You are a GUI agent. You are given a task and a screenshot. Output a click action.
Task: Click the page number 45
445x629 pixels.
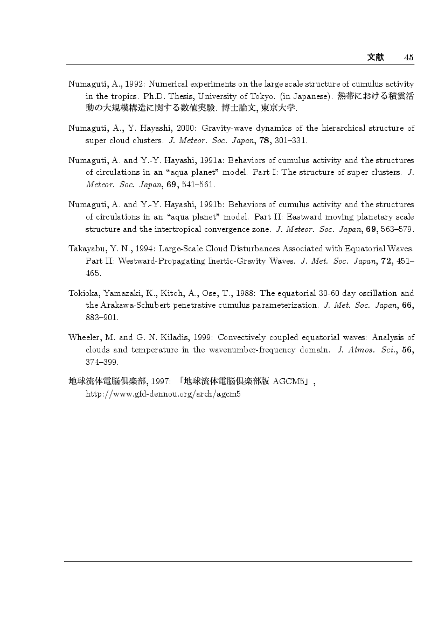tap(408, 58)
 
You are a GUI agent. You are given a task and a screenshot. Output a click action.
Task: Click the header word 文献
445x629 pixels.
tap(375, 58)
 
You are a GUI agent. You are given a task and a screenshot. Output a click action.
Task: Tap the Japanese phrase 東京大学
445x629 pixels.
tap(278, 109)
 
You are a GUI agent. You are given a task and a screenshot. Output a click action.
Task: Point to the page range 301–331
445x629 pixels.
tap(294, 141)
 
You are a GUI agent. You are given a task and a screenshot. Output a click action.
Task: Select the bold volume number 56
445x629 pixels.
tap(408, 350)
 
